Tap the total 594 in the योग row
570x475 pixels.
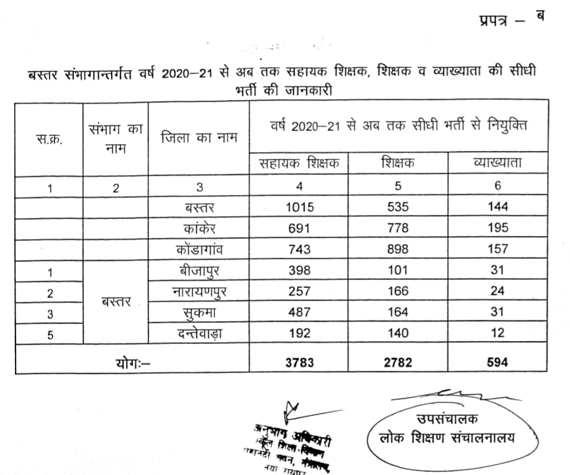coord(497,361)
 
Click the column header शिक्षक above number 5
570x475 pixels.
coord(398,163)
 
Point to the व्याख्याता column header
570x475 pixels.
coord(497,163)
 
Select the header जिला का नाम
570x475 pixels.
coord(198,137)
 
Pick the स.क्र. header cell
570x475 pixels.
coord(49,138)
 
